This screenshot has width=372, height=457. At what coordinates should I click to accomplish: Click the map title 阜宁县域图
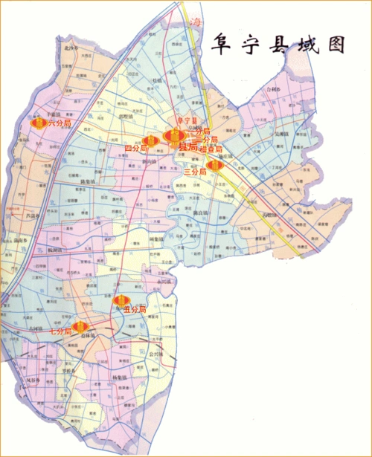278,43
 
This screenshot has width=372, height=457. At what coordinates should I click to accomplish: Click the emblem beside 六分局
39,122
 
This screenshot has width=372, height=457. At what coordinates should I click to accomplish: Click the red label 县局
188,148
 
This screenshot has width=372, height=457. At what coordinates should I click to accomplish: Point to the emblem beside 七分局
83,328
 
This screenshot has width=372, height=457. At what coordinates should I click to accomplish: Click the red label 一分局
208,140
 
